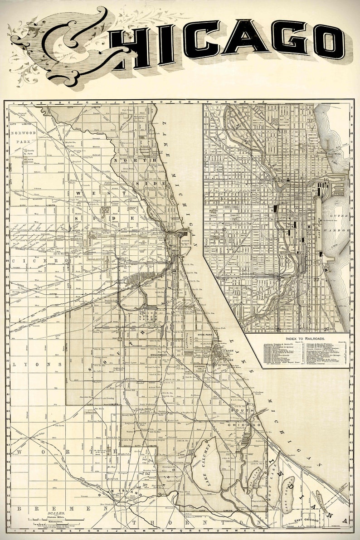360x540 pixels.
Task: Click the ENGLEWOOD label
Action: pyautogui.click(x=162, y=355)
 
